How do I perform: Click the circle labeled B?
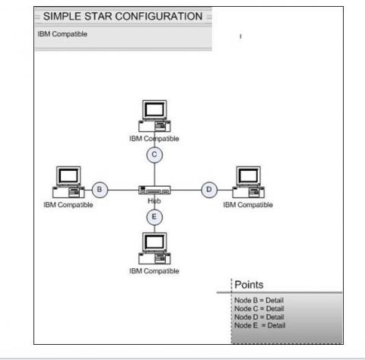(x=100, y=190)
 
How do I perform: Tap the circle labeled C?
(x=154, y=155)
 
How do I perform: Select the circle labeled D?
(x=209, y=190)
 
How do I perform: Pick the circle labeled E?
(x=154, y=217)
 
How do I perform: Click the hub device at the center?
(x=154, y=190)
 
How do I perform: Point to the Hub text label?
(x=154, y=201)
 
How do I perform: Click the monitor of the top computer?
(x=154, y=109)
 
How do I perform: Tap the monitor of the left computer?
(x=68, y=175)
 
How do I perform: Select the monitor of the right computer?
(x=248, y=175)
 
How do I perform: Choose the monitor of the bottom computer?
(x=154, y=242)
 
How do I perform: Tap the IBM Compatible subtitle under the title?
(x=62, y=34)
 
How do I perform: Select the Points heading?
(x=249, y=285)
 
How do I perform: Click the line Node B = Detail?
(x=259, y=300)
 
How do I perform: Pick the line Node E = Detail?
(x=260, y=325)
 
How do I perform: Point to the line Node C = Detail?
(x=259, y=308)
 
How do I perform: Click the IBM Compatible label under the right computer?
(x=248, y=205)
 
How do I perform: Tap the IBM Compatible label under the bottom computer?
(x=154, y=271)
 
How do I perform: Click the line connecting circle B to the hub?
(x=123, y=190)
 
